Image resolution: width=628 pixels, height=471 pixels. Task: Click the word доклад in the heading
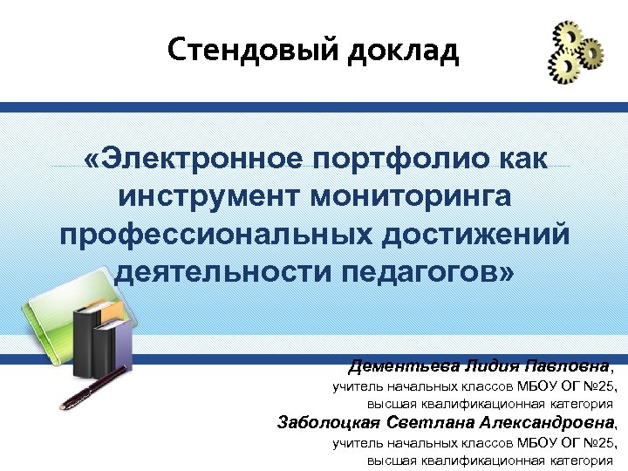click(x=402, y=51)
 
